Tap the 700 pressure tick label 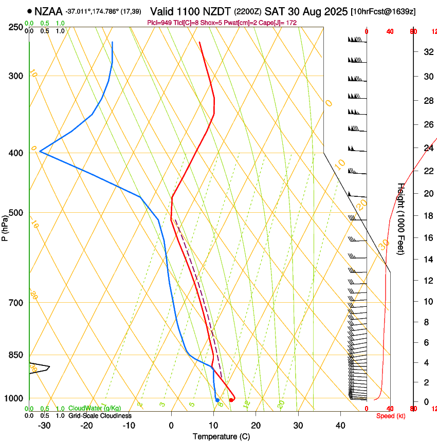[x=15, y=303]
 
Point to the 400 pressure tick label [x=15, y=153]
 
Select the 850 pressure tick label [x=15, y=355]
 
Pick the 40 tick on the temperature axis [x=340, y=425]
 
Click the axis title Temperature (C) [x=221, y=436]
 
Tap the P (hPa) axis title [x=5, y=227]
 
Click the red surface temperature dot [x=231, y=400]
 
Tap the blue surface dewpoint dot [x=217, y=400]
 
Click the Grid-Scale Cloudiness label [x=100, y=416]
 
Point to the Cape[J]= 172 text [x=278, y=23]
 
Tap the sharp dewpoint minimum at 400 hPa [x=40, y=152]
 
